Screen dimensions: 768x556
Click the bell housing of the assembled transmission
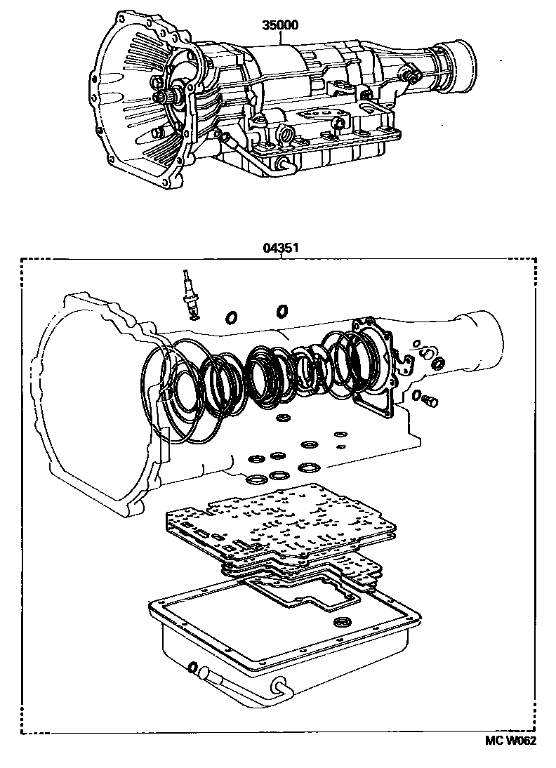pos(133,105)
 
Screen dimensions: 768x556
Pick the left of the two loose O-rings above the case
pos(230,318)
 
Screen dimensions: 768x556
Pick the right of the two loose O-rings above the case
pos(282,310)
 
